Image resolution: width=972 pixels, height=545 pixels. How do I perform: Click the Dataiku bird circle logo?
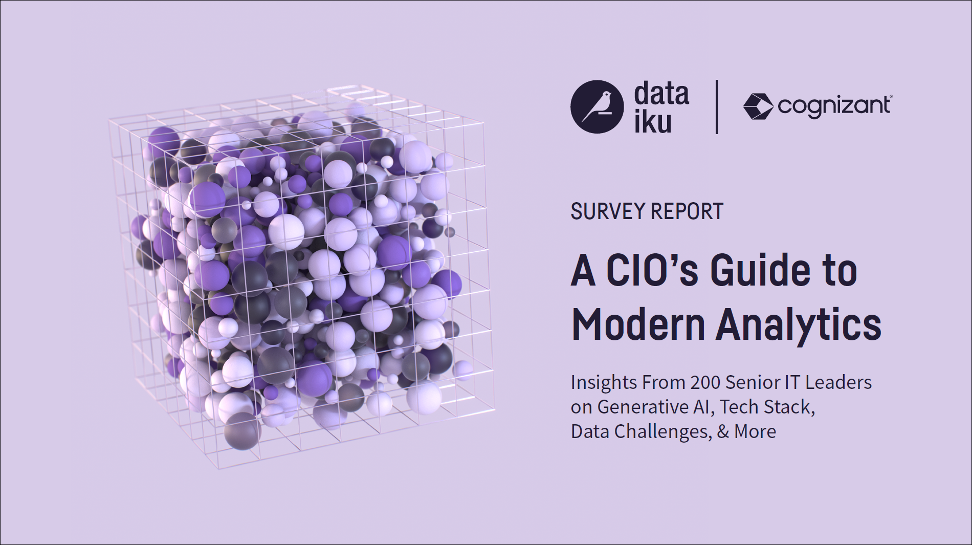click(x=597, y=107)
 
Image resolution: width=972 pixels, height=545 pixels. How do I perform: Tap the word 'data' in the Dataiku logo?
click(x=661, y=94)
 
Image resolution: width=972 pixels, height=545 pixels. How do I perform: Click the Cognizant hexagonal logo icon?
click(x=758, y=106)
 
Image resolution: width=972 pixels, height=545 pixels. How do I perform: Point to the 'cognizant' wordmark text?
click(x=834, y=106)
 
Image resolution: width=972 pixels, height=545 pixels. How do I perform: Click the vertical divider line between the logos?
click(x=716, y=107)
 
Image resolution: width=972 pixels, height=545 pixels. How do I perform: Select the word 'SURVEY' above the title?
click(x=607, y=211)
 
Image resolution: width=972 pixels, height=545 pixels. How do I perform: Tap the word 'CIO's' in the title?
click(x=652, y=271)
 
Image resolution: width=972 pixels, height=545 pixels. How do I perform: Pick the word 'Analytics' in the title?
click(x=799, y=325)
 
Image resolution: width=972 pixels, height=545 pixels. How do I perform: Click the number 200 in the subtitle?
click(x=705, y=382)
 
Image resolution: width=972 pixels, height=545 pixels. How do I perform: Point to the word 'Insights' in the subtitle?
click(x=604, y=382)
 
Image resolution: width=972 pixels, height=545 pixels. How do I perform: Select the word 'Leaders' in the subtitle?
click(x=838, y=382)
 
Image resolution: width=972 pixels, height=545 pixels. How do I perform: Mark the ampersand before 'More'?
click(x=723, y=431)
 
